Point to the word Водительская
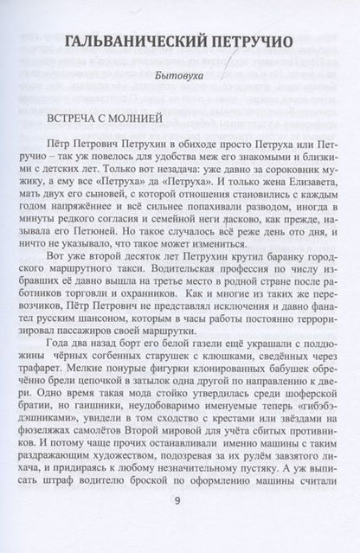[190, 281]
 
